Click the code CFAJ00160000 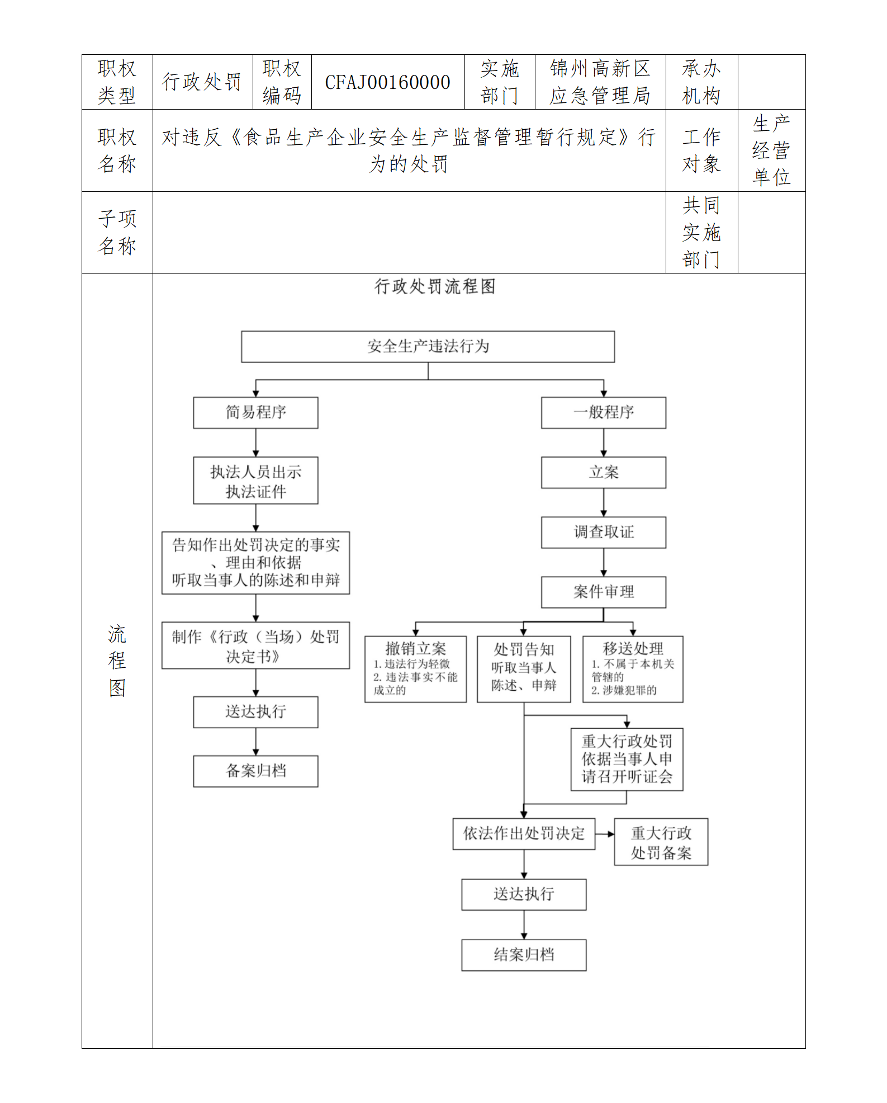[387, 82]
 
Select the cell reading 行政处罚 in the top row [202, 82]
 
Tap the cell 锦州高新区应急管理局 [600, 82]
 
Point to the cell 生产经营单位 [771, 150]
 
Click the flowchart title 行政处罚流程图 [435, 286]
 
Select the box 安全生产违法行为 [428, 346]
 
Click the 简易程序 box [255, 413]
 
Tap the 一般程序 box [603, 413]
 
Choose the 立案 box [603, 473]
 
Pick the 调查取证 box [603, 532]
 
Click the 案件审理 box [603, 592]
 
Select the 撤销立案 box [415, 669]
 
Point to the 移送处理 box [633, 669]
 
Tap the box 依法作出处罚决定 [524, 834]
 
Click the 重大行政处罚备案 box [661, 842]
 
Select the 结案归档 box [524, 955]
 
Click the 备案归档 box [255, 771]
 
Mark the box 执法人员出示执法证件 [255, 481]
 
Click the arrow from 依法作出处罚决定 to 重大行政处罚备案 [605, 834]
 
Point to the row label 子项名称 [117, 232]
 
